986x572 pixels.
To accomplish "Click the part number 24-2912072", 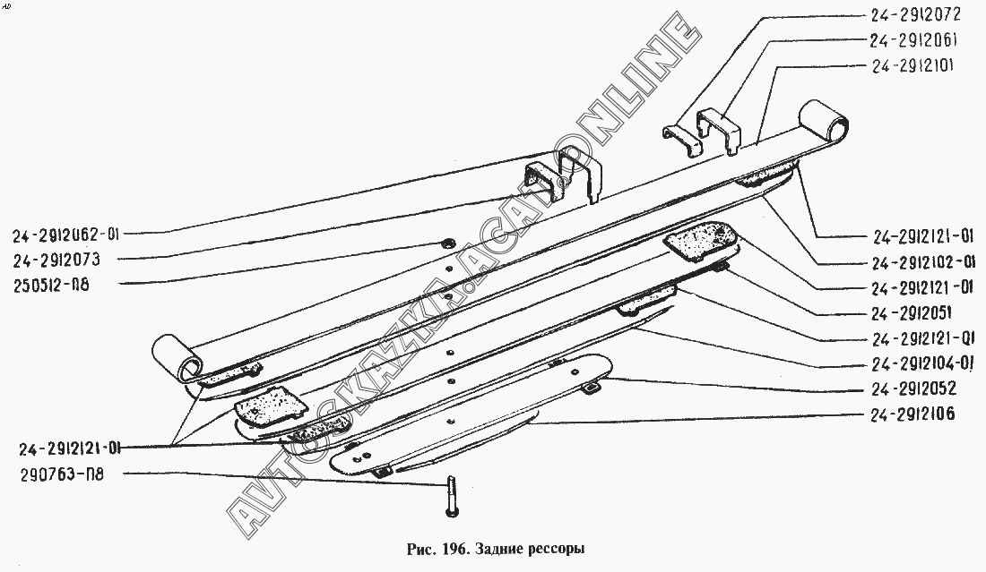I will click(x=914, y=15).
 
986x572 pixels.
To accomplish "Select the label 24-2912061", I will click(x=914, y=40).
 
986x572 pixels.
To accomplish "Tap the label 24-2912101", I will click(x=914, y=66).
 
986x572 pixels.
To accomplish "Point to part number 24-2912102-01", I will click(x=922, y=263).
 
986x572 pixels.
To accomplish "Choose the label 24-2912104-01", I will click(x=922, y=363).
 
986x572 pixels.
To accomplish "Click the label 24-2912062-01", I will click(x=66, y=235).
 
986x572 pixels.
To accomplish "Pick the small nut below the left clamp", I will click(x=447, y=243).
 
